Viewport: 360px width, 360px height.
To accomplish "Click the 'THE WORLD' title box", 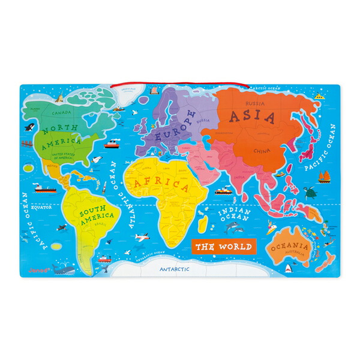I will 224,246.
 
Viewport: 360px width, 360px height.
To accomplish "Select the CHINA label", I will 260,151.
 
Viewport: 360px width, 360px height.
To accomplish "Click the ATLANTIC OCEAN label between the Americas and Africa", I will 121,195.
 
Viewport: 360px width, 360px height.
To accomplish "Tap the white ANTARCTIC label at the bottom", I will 175,269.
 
